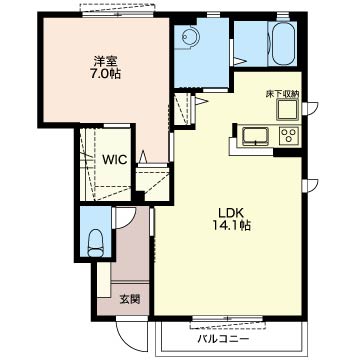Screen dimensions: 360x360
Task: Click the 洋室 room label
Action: coord(105,62)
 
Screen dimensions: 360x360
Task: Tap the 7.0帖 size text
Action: coord(105,74)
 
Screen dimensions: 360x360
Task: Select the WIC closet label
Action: coord(114,160)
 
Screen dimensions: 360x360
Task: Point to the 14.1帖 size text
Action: coord(232,226)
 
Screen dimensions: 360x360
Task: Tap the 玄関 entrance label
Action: coord(129,300)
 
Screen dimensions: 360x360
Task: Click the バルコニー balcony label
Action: coord(223,340)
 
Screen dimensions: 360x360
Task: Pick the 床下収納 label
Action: coord(282,94)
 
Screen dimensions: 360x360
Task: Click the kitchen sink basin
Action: coord(255,136)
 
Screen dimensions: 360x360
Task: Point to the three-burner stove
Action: coord(289,136)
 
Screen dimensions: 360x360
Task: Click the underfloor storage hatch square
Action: coord(288,109)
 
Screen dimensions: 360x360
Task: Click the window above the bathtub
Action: coord(283,15)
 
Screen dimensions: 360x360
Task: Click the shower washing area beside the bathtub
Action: coord(251,44)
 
